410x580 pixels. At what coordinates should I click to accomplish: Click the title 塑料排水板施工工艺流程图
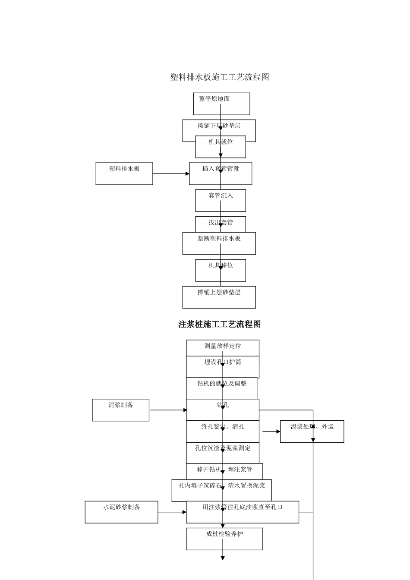click(220, 77)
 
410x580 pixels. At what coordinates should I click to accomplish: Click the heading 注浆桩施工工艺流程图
click(220, 324)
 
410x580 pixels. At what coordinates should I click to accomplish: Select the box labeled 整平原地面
click(221, 104)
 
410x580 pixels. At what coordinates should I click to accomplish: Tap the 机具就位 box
click(221, 147)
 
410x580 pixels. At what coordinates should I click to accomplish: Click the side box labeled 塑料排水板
click(124, 173)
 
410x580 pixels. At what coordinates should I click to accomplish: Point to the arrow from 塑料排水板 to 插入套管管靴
click(171, 174)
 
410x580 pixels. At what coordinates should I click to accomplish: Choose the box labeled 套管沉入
click(221, 200)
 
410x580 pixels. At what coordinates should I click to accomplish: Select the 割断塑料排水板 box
click(219, 243)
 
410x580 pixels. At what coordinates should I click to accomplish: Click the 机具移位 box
click(221, 270)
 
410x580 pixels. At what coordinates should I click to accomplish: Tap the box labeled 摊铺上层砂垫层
click(219, 297)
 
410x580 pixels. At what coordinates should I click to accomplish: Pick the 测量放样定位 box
click(223, 347)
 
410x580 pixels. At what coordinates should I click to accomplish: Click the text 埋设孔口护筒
click(223, 362)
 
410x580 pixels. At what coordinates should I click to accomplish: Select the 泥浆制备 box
click(121, 410)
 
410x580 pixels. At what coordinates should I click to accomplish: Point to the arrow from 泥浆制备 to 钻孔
click(168, 410)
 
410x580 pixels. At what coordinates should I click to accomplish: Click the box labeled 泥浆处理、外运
click(312, 431)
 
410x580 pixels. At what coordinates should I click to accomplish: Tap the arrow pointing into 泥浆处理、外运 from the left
click(271, 432)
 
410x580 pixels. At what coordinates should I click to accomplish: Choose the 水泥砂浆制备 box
click(121, 512)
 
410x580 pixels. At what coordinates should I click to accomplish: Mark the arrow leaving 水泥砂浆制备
click(172, 512)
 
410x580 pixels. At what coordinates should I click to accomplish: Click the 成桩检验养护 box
click(224, 539)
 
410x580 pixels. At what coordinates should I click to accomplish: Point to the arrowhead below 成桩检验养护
click(223, 558)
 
